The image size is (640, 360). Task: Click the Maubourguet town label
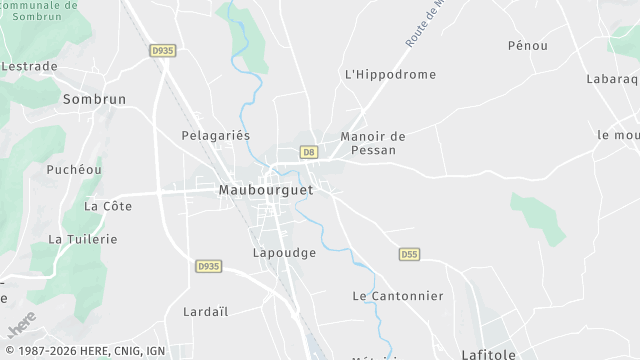pyautogui.click(x=265, y=189)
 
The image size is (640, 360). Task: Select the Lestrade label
pyautogui.click(x=29, y=66)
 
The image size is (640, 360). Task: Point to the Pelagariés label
pyautogui.click(x=215, y=135)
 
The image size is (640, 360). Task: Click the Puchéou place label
pyautogui.click(x=74, y=170)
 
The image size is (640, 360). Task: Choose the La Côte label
pyautogui.click(x=108, y=206)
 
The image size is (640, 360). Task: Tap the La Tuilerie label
pyautogui.click(x=83, y=239)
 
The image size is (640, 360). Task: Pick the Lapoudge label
pyautogui.click(x=284, y=253)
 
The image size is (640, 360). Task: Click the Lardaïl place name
pyautogui.click(x=207, y=311)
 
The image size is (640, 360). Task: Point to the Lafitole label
pyautogui.click(x=488, y=353)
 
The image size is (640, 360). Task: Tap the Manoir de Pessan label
pyautogui.click(x=373, y=143)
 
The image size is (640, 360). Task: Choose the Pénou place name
pyautogui.click(x=528, y=46)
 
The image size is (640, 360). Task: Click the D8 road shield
pyautogui.click(x=309, y=152)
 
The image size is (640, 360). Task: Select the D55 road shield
pyautogui.click(x=409, y=254)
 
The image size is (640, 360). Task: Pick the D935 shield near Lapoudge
pyautogui.click(x=209, y=266)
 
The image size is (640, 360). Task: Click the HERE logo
pyautogui.click(x=22, y=325)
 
